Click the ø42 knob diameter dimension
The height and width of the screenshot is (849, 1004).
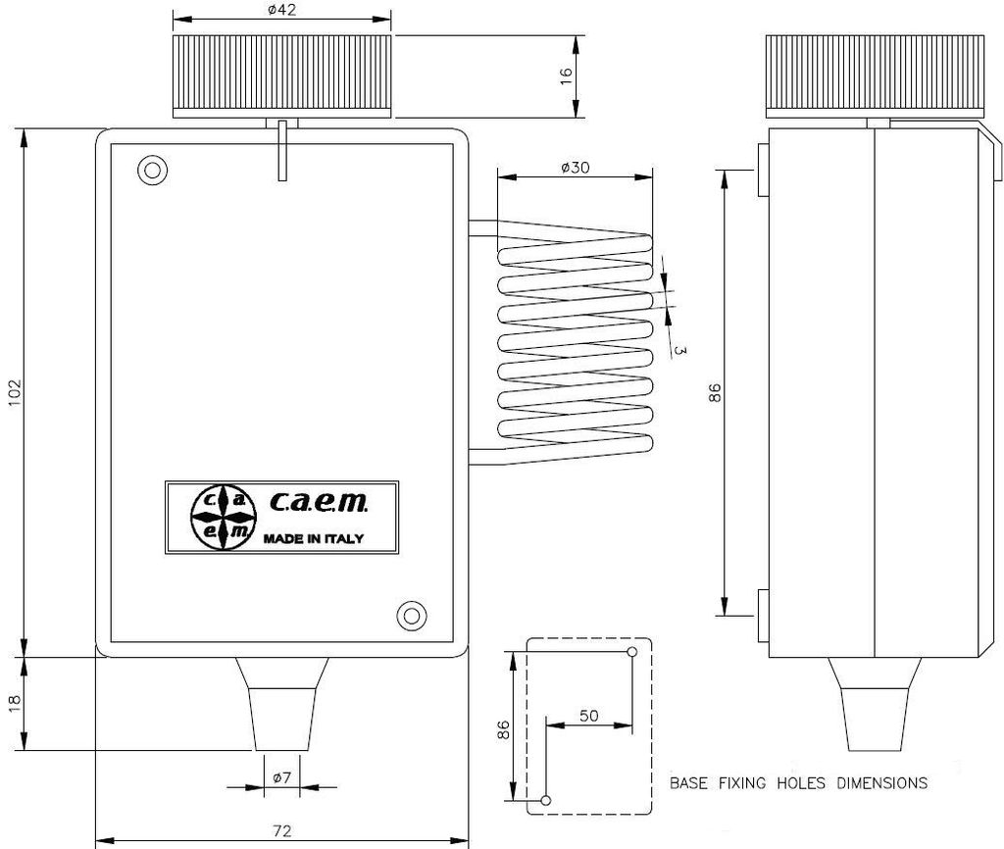[281, 10]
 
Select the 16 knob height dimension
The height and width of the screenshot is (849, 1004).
[566, 76]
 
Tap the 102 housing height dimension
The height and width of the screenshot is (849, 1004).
[13, 391]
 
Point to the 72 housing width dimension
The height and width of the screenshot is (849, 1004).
[281, 830]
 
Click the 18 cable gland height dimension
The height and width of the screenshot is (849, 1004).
[13, 703]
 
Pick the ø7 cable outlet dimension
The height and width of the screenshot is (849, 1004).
[280, 777]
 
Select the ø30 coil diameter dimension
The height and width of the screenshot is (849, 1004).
[575, 168]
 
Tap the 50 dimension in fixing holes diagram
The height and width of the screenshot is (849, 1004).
[588, 716]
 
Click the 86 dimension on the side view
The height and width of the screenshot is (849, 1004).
[715, 393]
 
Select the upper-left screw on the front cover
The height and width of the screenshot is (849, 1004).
[151, 170]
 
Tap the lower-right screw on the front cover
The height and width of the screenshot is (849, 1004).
[411, 616]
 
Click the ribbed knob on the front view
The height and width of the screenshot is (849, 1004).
[282, 75]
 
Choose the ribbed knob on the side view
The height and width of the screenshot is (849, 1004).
[873, 75]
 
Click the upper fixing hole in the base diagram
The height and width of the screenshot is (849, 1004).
[631, 651]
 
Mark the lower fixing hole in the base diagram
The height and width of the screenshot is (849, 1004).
[546, 800]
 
